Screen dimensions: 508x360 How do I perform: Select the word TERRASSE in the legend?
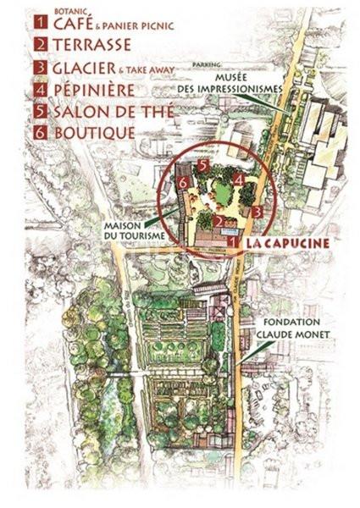93,45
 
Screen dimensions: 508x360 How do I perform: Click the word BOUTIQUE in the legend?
93,133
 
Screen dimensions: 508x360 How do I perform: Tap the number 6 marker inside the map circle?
182,182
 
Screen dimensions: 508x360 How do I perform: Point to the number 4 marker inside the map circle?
240,179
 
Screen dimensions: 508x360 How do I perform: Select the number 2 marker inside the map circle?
218,222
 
